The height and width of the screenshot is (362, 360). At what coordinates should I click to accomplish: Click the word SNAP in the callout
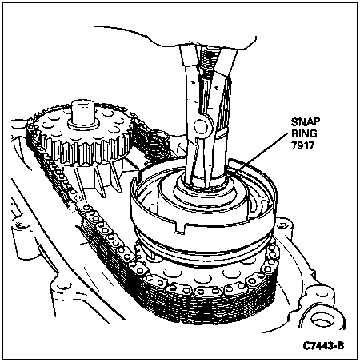point(306,122)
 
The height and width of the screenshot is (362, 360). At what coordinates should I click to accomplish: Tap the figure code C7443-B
point(323,346)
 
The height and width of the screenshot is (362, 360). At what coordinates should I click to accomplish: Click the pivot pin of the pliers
point(201,125)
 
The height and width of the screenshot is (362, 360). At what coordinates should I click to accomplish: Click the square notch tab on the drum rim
point(182,228)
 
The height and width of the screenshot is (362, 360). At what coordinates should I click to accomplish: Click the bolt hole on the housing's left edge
point(19,225)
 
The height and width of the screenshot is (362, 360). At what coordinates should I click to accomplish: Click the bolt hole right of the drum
point(281,226)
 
